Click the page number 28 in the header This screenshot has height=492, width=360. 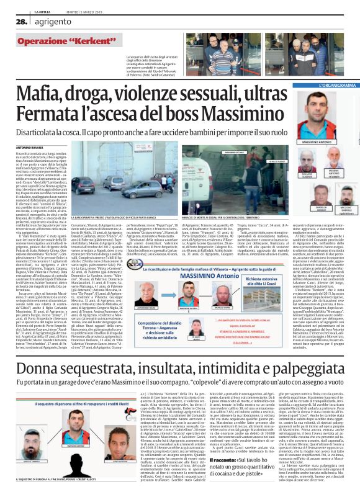[x=10, y=21]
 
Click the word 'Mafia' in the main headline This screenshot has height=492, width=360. [x=41, y=95]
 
